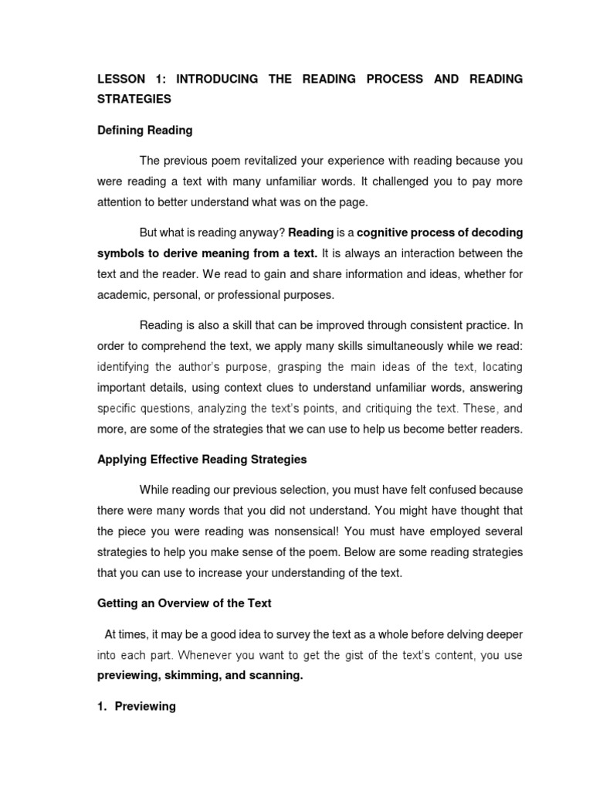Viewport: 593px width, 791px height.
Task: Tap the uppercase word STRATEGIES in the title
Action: click(134, 100)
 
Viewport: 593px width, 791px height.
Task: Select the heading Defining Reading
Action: click(145, 131)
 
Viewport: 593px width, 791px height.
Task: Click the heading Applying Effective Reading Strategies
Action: click(202, 460)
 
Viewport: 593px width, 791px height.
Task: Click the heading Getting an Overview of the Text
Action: click(185, 603)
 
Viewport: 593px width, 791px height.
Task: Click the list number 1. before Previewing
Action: click(103, 706)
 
